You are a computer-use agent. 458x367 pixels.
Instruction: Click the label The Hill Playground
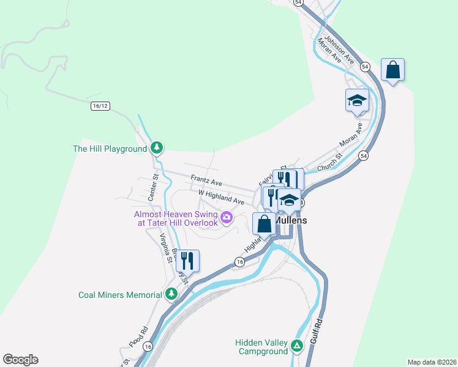click(110, 149)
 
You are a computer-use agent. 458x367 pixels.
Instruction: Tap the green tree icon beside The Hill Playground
click(157, 148)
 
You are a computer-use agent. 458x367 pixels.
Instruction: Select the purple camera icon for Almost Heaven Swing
click(227, 217)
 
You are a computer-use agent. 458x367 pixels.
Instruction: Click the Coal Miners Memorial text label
click(120, 295)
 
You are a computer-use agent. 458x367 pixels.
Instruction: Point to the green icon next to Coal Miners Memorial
click(171, 295)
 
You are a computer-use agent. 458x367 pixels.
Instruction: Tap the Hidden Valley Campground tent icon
click(297, 346)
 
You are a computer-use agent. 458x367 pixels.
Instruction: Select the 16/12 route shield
click(100, 106)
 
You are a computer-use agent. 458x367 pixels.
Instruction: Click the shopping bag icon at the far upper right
click(392, 70)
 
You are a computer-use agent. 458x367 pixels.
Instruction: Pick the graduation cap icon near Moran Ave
click(357, 100)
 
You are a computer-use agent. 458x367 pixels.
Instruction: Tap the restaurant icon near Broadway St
click(187, 261)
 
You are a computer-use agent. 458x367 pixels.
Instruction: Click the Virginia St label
click(165, 248)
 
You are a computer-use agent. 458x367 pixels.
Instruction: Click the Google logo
click(20, 360)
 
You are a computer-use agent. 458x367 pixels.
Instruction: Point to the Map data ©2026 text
click(432, 361)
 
